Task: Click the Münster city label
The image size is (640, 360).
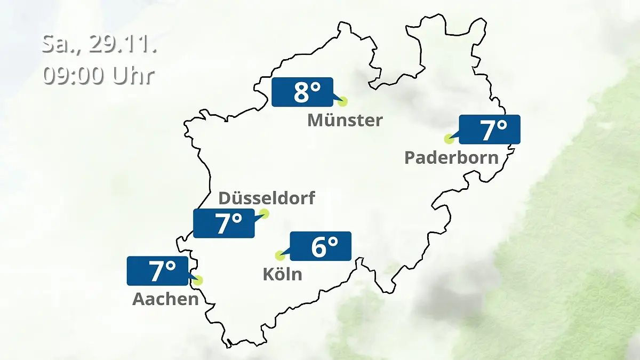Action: click(345, 120)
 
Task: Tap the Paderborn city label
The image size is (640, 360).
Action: click(451, 157)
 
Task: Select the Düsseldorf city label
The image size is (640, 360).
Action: click(267, 198)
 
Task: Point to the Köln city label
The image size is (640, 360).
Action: click(282, 274)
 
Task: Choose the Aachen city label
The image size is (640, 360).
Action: click(165, 299)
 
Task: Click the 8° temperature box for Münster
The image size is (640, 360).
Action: click(302, 92)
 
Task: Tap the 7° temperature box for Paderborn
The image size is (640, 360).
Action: click(490, 130)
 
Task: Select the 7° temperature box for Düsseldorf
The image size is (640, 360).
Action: click(224, 223)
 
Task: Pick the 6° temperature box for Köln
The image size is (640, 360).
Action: click(320, 246)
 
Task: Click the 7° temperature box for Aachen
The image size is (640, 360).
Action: click(158, 271)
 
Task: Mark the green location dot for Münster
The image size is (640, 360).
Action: click(342, 101)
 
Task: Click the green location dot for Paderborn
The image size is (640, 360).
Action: click(449, 139)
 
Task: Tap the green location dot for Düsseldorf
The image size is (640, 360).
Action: click(263, 214)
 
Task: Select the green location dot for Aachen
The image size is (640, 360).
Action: click(199, 280)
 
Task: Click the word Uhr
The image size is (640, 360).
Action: click(133, 75)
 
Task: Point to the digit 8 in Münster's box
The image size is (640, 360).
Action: click(301, 92)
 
